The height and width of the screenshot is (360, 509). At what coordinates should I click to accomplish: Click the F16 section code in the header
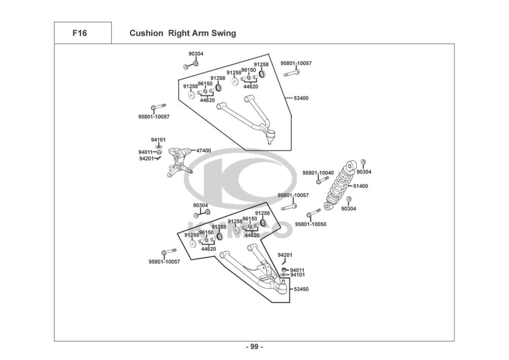[x=79, y=33]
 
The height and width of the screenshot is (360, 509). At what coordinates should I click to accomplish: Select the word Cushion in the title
[x=146, y=33]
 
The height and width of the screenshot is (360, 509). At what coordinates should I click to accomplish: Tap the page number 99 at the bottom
[x=254, y=347]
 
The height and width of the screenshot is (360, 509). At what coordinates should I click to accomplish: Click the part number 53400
[x=301, y=98]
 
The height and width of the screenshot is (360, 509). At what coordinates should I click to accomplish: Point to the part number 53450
[x=301, y=289]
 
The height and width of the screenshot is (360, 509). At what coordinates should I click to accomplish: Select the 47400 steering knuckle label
[x=204, y=151]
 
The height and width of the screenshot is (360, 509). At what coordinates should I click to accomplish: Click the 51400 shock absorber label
[x=361, y=186]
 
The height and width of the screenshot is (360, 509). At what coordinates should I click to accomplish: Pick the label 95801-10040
[x=318, y=173]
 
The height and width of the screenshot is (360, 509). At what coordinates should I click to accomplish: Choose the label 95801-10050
[x=310, y=224]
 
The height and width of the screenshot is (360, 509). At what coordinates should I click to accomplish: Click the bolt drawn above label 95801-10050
[x=313, y=213]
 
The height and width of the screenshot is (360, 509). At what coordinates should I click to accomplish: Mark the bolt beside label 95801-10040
[x=323, y=180]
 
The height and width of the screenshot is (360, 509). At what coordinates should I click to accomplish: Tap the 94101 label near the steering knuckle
[x=158, y=140]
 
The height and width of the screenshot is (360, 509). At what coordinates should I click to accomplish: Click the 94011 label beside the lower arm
[x=297, y=270]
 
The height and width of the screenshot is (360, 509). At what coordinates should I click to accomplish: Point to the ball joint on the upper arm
[x=270, y=136]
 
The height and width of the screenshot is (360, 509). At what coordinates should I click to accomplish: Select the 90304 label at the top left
[x=196, y=54]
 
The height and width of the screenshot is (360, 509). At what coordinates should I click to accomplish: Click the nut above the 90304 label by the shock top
[x=363, y=162]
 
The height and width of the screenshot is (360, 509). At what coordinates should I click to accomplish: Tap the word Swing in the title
[x=224, y=33]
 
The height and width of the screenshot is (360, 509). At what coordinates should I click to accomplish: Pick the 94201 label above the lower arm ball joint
[x=285, y=255]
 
